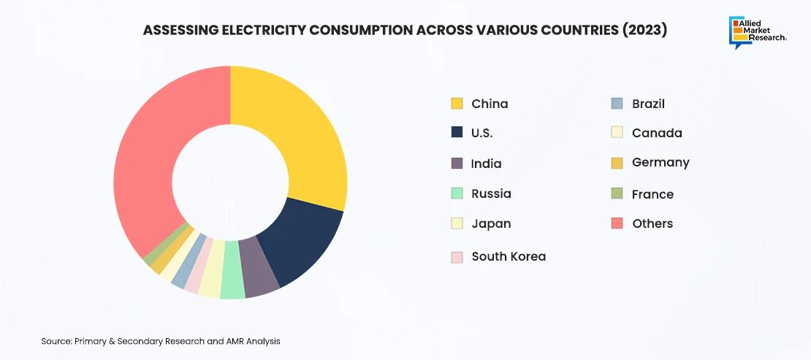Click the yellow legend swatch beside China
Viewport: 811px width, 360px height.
pos(457,104)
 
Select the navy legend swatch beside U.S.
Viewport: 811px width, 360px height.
pos(457,133)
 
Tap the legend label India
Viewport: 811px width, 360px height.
pos(487,164)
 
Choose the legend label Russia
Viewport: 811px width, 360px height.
pos(491,194)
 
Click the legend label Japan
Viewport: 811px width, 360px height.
pos(491,223)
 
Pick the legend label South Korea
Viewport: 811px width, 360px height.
pos(509,256)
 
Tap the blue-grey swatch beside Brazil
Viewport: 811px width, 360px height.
pos(617,104)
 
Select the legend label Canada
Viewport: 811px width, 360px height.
pos(657,133)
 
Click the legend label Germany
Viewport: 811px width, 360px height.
pos(660,163)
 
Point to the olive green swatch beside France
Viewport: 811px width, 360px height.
pos(617,194)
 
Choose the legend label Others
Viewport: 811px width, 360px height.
pos(652,223)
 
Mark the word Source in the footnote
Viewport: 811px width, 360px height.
pos(56,341)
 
